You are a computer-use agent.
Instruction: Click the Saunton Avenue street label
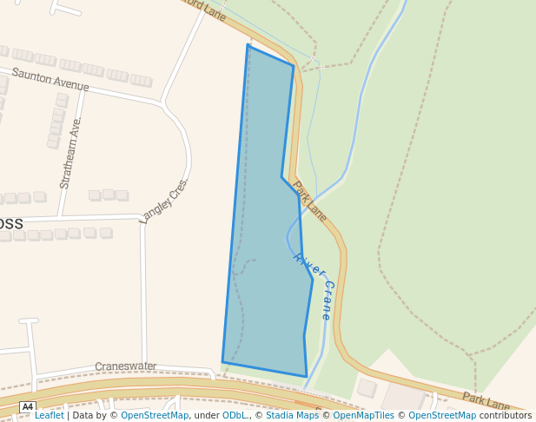(50, 79)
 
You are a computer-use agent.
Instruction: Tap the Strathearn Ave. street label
(70, 153)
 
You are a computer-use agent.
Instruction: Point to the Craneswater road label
(126, 366)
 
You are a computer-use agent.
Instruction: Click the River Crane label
(314, 286)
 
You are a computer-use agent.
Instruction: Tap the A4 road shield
(28, 406)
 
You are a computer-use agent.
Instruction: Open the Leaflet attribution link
(49, 416)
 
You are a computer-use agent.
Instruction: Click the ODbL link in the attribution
(234, 416)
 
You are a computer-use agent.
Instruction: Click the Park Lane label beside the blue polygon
(309, 201)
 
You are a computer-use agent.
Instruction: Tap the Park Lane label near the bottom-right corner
(486, 401)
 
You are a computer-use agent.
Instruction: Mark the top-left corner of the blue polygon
(248, 45)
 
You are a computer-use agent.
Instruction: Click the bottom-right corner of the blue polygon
(307, 376)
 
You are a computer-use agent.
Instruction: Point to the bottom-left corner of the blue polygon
(222, 362)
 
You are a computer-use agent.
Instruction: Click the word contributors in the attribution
(506, 416)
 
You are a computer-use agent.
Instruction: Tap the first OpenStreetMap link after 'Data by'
(154, 416)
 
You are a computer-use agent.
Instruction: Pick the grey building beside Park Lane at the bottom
(367, 387)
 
